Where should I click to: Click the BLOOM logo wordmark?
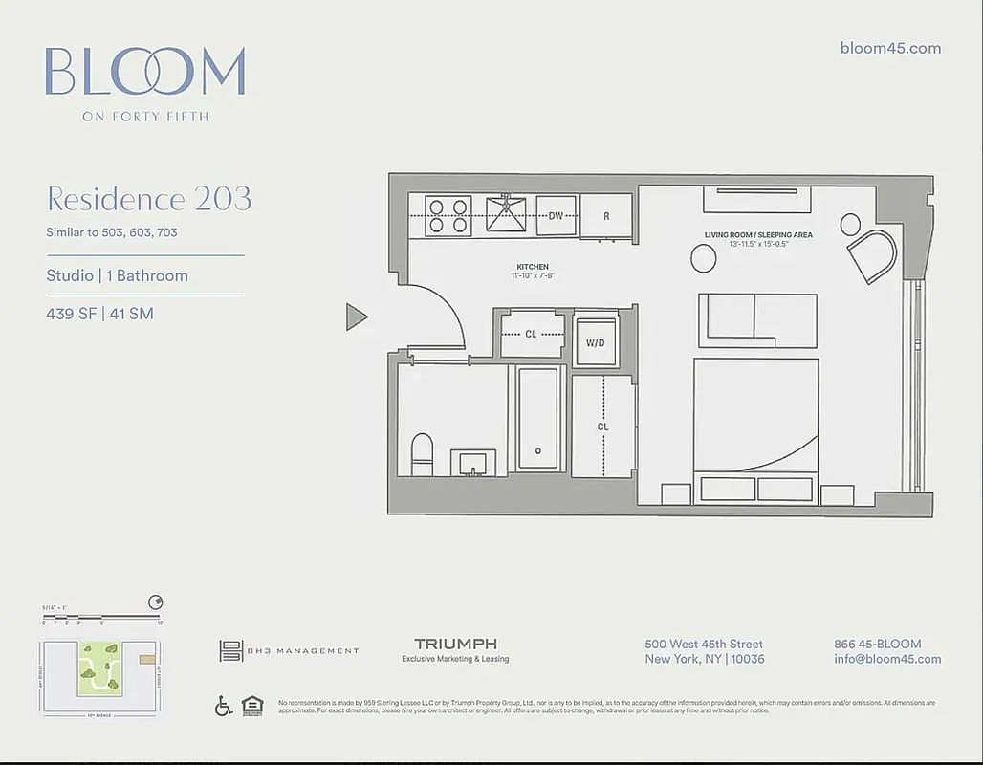pyautogui.click(x=144, y=72)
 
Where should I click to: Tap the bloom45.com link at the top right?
pyautogui.click(x=890, y=48)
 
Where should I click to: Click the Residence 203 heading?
pyautogui.click(x=149, y=199)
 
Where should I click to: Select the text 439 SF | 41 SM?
pyautogui.click(x=99, y=314)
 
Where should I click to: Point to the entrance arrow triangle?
pyautogui.click(x=356, y=317)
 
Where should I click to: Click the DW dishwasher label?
pyautogui.click(x=556, y=216)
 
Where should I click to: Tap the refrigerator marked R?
pyautogui.click(x=606, y=216)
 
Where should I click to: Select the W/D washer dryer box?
pyautogui.click(x=595, y=342)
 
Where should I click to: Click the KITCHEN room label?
pyautogui.click(x=532, y=268)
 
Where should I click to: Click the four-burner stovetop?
pyautogui.click(x=447, y=216)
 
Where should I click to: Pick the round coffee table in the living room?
pyautogui.click(x=703, y=257)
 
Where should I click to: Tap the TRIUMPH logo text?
pyautogui.click(x=455, y=645)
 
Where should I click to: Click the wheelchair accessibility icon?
pyautogui.click(x=224, y=706)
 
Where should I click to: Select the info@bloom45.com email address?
pyautogui.click(x=887, y=659)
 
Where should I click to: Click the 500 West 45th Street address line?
pyautogui.click(x=704, y=645)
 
